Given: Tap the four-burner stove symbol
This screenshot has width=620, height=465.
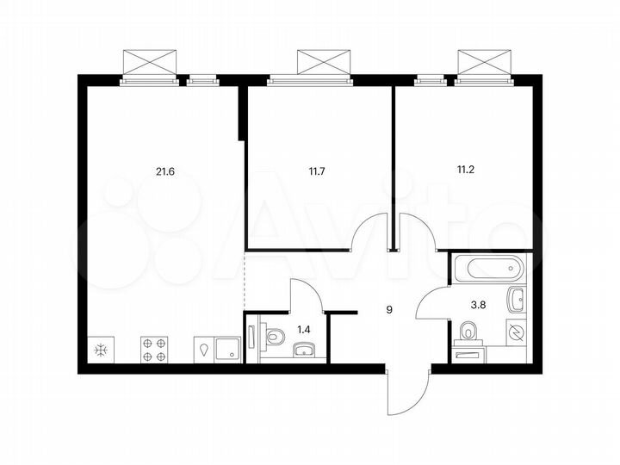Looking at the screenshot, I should [154, 349].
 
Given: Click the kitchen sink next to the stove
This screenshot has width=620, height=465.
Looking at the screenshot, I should [228, 349].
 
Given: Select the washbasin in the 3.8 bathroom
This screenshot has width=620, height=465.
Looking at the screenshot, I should [517, 301].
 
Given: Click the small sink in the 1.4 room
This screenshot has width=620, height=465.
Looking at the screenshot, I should [304, 349].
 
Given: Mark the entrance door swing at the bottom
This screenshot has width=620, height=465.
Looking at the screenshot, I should [405, 392].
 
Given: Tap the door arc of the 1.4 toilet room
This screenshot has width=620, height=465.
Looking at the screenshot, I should [307, 295].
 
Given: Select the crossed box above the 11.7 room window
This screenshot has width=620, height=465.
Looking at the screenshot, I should [325, 62].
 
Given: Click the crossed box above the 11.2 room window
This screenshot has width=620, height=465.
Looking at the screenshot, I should [484, 62].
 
